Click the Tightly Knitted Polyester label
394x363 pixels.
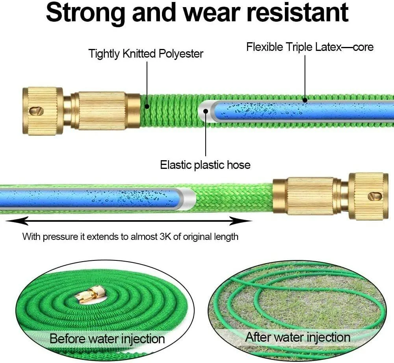point(146,54)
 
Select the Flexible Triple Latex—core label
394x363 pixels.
point(310,47)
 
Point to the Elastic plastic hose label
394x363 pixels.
point(205,165)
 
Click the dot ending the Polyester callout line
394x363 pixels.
point(147,106)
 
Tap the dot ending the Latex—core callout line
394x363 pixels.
point(305,101)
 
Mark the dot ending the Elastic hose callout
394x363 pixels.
point(205,112)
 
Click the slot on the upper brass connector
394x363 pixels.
point(38,111)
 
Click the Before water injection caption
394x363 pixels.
point(107,339)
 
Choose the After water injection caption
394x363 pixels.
point(297,337)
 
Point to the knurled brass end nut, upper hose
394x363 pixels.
point(43,111)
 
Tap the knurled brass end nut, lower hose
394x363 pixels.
point(368,196)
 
